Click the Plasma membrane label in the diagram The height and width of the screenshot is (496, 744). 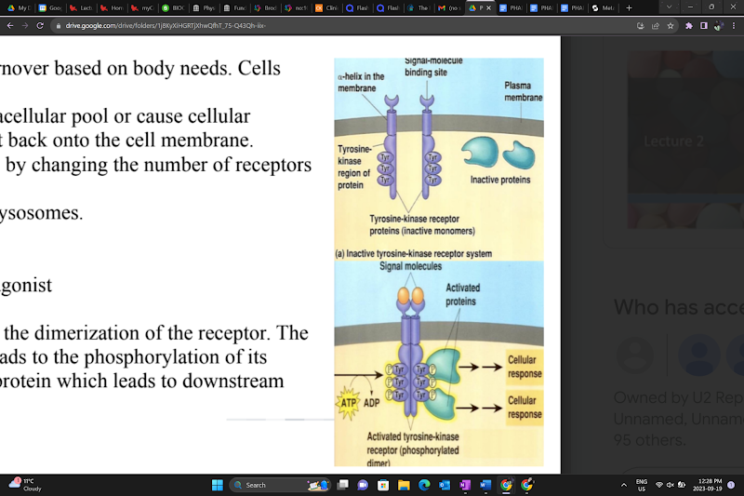523,91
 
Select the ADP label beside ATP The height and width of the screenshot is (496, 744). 371,403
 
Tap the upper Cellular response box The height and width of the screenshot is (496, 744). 524,367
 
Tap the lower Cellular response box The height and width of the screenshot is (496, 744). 524,408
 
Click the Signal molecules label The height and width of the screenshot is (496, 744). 410,267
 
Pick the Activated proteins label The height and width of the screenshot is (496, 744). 460,295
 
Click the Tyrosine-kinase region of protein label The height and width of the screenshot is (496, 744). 353,167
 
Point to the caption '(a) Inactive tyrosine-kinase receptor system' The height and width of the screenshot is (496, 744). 413,253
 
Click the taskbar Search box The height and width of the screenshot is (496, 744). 279,485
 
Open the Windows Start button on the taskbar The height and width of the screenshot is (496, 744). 217,485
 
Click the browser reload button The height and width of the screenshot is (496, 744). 40,25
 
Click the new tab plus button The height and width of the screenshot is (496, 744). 630,7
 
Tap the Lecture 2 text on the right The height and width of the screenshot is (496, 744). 674,141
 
